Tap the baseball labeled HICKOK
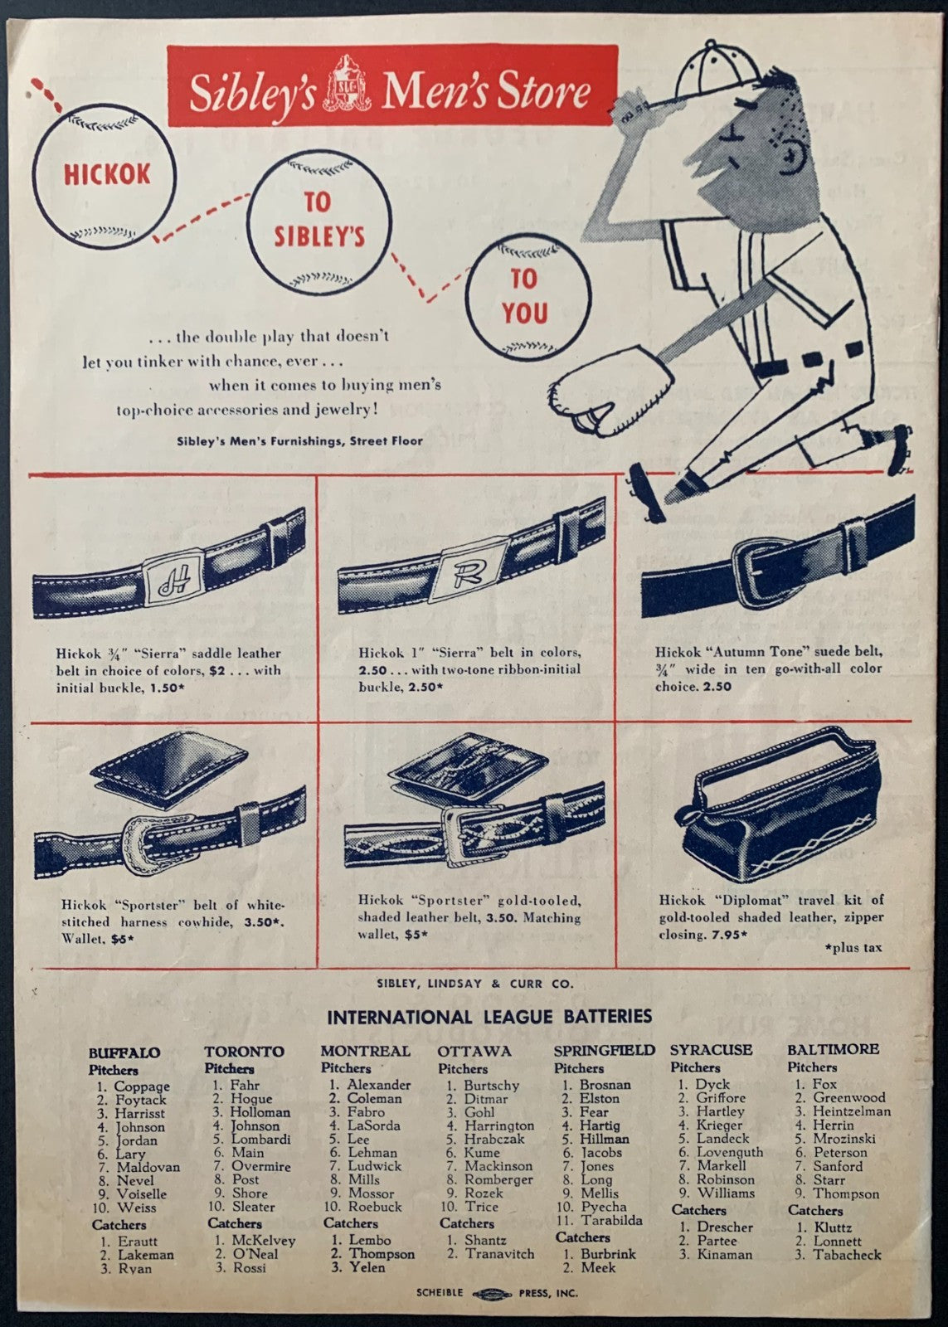pos(105,175)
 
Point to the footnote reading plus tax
pos(853,947)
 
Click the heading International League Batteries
pos(489,1017)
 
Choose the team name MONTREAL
pos(366,1051)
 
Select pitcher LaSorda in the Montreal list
pos(373,1125)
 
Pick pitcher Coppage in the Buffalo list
pos(142,1086)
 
